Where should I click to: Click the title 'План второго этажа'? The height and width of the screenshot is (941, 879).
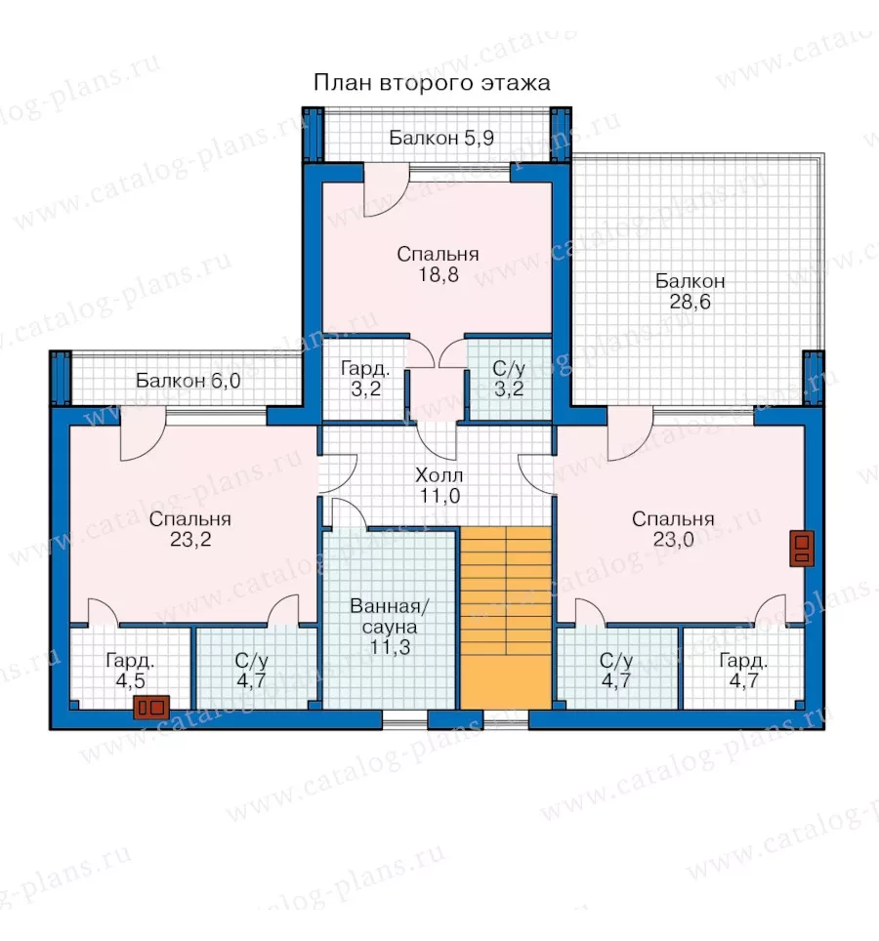[x=432, y=83]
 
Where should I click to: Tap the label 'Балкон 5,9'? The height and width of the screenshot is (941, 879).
[x=441, y=138]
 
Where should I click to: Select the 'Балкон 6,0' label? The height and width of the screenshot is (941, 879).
[x=188, y=381]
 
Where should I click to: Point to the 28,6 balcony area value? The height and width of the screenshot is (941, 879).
[x=690, y=302]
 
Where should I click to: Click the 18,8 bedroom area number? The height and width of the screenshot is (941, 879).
[x=439, y=275]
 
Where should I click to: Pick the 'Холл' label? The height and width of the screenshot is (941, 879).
[x=439, y=476]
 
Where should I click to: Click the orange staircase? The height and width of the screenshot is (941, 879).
[x=506, y=618]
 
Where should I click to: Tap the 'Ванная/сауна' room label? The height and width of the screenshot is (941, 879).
[x=390, y=616]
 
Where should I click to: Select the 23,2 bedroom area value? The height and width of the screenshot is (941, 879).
[x=190, y=540]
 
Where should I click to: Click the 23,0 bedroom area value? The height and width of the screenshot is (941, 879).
[x=673, y=540]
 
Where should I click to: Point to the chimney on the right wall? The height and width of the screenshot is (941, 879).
[x=802, y=549]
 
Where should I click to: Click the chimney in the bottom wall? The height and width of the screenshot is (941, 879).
[x=151, y=708]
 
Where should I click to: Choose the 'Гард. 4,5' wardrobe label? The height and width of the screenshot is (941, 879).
[x=130, y=671]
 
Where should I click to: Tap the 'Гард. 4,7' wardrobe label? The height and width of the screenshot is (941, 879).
[x=743, y=671]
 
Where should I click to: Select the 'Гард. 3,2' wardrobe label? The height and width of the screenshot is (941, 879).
[x=365, y=379]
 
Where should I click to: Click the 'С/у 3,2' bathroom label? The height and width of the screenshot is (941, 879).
[x=509, y=379]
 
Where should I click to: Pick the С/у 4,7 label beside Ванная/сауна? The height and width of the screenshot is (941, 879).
[x=251, y=671]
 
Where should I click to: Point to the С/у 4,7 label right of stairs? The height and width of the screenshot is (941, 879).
[x=616, y=671]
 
